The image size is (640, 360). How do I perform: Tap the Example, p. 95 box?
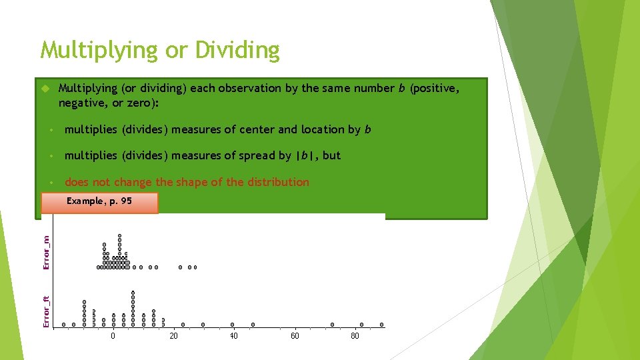pos(99,202)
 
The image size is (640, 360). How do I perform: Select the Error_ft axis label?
pos(46,312)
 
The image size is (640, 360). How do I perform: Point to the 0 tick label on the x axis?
pos(113,336)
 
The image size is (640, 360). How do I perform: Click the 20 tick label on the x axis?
pos(173,336)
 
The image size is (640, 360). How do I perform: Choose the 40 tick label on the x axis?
pos(233,336)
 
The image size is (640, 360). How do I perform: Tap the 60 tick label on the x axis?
pos(295,336)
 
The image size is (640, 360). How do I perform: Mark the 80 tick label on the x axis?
pos(355,336)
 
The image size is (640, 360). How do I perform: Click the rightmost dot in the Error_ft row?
pos(382,325)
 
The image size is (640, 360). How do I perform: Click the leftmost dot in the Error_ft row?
pos(64,325)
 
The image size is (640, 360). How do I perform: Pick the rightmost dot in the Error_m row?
pos(195,267)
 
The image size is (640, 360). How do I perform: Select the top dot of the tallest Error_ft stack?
pos(133,292)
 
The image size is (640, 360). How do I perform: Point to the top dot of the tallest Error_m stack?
pos(119,235)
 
